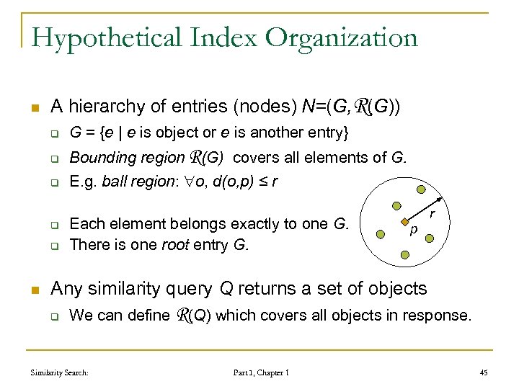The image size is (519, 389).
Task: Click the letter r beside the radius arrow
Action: point(432,214)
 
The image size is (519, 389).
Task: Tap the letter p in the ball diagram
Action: point(413,232)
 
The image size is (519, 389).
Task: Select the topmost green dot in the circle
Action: point(421,191)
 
